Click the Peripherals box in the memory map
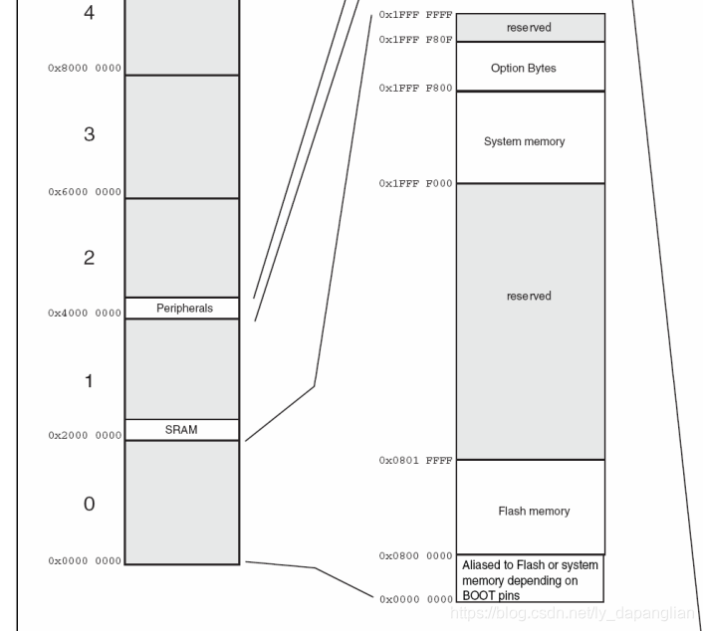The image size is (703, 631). point(183,309)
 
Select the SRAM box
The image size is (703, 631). point(181,430)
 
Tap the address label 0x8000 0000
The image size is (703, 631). point(85,69)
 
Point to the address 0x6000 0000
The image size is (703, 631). point(85,192)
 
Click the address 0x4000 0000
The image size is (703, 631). point(85,314)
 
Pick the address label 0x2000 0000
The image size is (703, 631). point(85,436)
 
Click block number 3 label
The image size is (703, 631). point(89,134)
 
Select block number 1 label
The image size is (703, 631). point(89,381)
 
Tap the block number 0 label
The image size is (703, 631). point(89,505)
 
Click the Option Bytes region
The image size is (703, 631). point(524,69)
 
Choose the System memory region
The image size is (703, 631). point(524,141)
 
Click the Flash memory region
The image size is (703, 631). point(534,512)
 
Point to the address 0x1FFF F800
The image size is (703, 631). point(415,89)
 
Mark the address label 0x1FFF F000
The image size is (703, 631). point(415,184)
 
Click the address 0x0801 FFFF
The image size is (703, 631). point(415,461)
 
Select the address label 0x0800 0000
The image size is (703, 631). point(415,556)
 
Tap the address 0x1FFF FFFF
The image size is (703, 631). point(415,16)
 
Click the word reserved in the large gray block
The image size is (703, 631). point(528,296)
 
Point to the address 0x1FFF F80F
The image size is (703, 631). point(415,40)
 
